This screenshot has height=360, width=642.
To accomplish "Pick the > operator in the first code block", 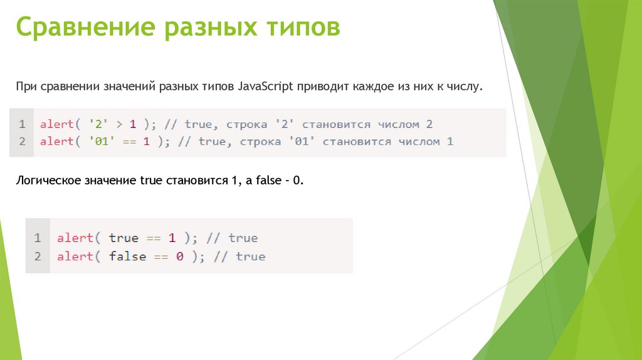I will pyautogui.click(x=117, y=124).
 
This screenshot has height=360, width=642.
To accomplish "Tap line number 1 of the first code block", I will pyautogui.click(x=22, y=124).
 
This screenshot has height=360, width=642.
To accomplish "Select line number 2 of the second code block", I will pyautogui.click(x=38, y=257).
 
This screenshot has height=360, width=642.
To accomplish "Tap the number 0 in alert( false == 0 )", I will pyautogui.click(x=179, y=257).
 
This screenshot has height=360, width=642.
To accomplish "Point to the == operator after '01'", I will pyautogui.click(x=129, y=142).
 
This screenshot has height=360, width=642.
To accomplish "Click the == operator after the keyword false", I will pyautogui.click(x=160, y=257).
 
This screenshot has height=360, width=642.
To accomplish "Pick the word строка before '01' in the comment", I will pyautogui.click(x=256, y=142).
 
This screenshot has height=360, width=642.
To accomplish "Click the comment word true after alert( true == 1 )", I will pyautogui.click(x=243, y=238).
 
